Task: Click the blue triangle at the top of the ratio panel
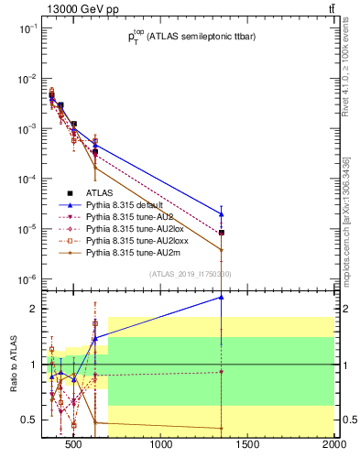[x=222, y=297]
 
